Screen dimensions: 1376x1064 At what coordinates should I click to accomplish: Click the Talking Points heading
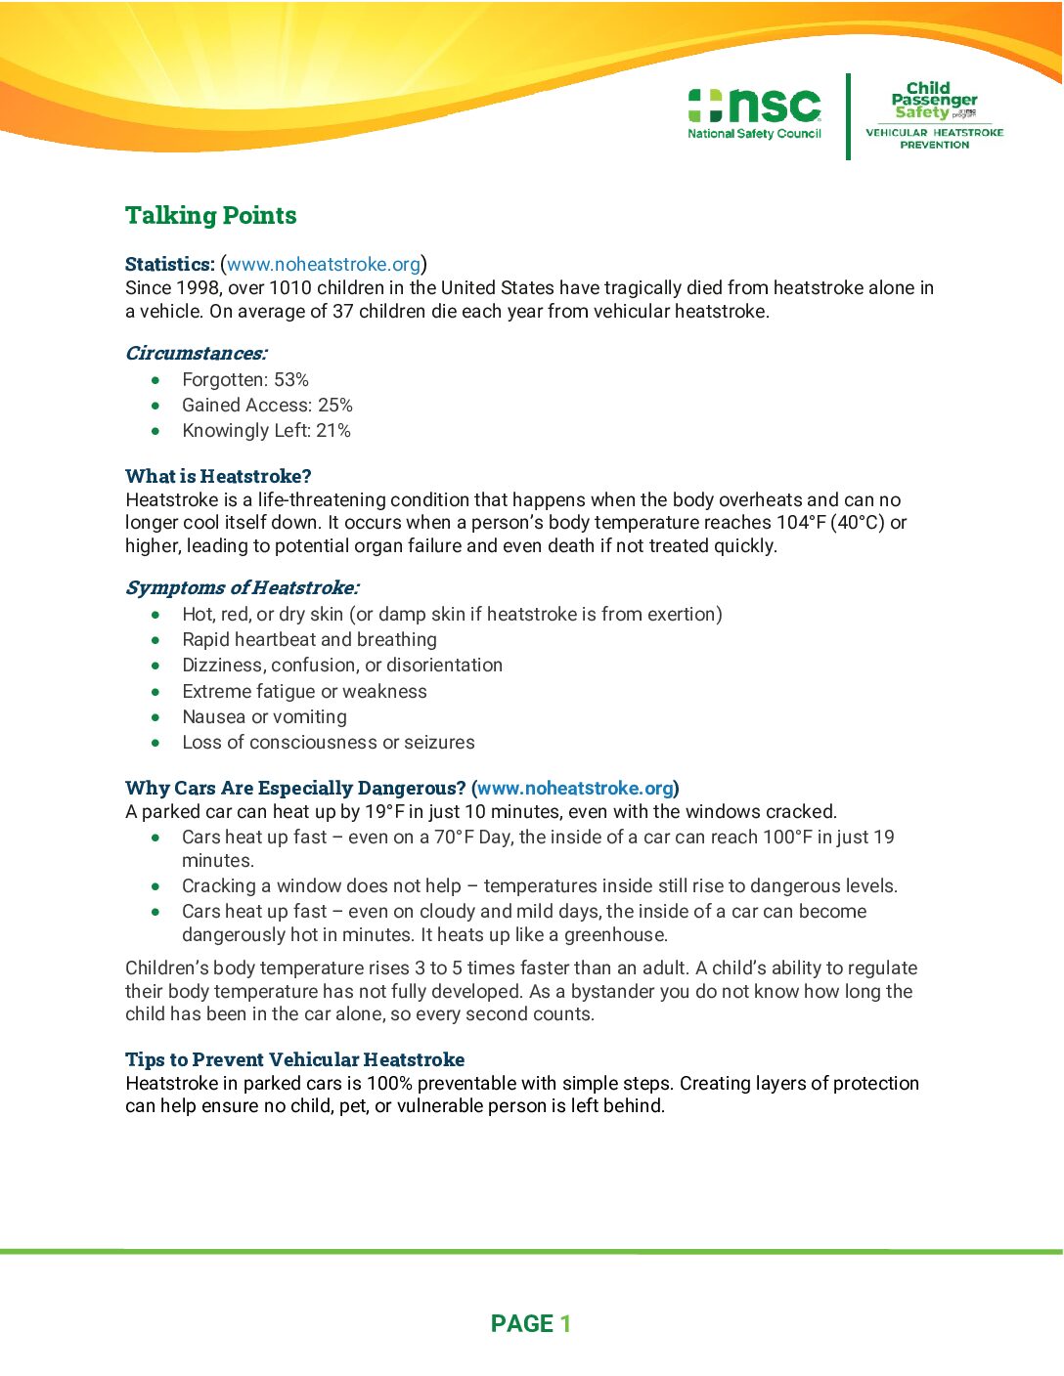click(210, 216)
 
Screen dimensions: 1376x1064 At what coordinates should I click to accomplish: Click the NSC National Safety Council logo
click(754, 113)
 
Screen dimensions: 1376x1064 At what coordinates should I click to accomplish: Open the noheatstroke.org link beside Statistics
click(324, 264)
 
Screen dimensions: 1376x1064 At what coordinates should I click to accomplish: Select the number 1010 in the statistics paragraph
click(289, 288)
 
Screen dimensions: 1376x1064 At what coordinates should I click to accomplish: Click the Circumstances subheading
click(196, 354)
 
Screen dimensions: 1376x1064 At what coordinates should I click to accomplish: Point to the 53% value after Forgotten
click(291, 380)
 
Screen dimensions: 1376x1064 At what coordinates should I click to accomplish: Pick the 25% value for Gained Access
click(335, 406)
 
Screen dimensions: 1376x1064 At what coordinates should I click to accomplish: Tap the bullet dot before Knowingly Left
click(155, 431)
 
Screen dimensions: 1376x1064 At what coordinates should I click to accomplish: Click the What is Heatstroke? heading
click(218, 477)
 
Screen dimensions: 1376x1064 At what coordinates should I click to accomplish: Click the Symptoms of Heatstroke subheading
click(242, 588)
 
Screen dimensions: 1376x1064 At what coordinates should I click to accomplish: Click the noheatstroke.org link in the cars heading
click(575, 789)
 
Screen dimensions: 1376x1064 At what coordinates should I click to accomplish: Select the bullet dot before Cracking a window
click(155, 886)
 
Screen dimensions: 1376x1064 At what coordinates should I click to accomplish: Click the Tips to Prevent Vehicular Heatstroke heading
click(294, 1060)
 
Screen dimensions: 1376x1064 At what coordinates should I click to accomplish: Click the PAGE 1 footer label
click(531, 1324)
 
